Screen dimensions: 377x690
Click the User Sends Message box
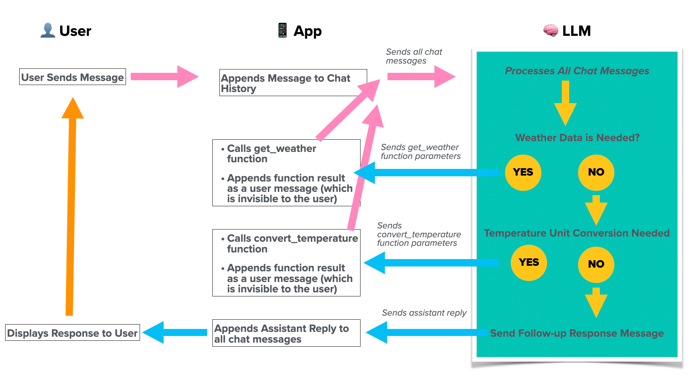coord(72,77)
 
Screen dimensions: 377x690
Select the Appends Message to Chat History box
coord(293,83)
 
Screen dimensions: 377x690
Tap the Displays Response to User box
coord(72,333)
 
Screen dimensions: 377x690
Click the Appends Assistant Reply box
coord(286,333)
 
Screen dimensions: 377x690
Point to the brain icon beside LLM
coord(550,31)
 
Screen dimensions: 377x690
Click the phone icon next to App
coord(283,30)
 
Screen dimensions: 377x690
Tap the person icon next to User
coord(48,30)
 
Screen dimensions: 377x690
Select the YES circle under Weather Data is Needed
coord(523,172)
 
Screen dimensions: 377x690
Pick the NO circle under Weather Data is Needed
coord(596,172)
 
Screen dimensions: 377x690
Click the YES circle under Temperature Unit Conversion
coord(529,262)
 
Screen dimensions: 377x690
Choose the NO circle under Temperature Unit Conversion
coord(596,264)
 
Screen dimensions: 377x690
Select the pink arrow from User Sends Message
coord(164,77)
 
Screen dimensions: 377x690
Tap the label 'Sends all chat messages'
coord(413,56)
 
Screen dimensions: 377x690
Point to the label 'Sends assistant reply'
coord(424,313)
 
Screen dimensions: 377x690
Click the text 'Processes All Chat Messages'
coord(577,71)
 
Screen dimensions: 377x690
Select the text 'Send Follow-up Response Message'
coord(577,333)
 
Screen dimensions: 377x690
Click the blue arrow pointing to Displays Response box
coord(175,332)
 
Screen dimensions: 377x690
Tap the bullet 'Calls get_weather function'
coord(271,153)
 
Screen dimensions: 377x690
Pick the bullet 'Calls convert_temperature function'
coord(292,243)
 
